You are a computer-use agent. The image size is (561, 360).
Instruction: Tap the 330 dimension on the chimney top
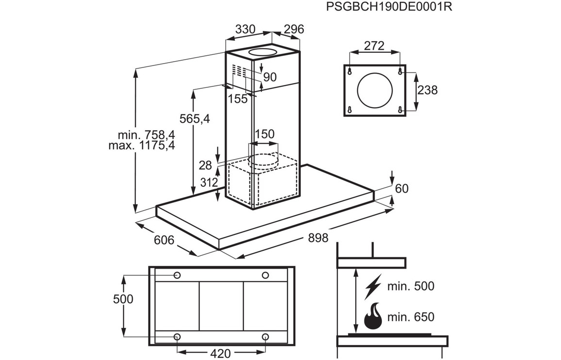245,29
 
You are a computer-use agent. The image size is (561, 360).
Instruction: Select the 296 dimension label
294,29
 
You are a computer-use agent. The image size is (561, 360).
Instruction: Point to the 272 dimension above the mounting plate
374,46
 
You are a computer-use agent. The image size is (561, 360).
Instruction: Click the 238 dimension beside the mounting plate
427,90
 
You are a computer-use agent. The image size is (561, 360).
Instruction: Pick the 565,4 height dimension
194,119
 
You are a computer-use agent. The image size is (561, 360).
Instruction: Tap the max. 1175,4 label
142,145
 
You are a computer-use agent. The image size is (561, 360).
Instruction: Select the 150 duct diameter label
264,134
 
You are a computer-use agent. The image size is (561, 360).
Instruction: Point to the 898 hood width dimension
318,238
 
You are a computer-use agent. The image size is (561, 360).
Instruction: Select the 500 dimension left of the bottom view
122,299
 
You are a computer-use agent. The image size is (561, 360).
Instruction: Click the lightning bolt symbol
373,286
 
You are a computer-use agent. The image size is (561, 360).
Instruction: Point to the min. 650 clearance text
411,317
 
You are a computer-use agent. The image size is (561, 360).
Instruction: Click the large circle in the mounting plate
375,90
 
